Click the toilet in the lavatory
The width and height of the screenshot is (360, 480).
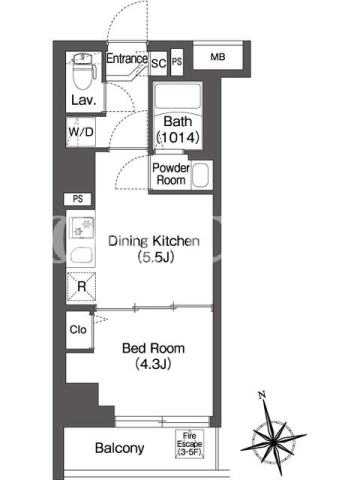tap(84, 71)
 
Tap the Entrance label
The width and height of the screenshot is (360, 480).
tap(127, 58)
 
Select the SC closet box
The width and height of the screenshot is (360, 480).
tap(158, 64)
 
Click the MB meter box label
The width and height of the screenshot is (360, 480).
tap(218, 57)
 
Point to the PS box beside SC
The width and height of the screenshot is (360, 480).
tap(176, 62)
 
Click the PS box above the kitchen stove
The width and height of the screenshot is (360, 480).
tap(78, 199)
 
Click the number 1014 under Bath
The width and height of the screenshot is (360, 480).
tap(178, 137)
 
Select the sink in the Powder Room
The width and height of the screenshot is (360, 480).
tap(201, 175)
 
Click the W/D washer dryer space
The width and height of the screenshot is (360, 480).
tap(81, 132)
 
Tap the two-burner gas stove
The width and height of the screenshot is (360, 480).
tap(82, 227)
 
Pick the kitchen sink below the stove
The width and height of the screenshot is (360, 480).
tap(82, 255)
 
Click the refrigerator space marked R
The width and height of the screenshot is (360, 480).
tap(82, 287)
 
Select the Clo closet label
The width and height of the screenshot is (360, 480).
tap(78, 329)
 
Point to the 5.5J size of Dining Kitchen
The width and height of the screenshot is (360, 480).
tap(156, 257)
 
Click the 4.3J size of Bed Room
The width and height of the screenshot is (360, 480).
tap(153, 364)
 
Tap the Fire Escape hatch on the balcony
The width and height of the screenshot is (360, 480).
tap(190, 444)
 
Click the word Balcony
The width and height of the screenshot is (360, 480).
tap(119, 448)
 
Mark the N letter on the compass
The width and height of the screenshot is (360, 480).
tap(262, 395)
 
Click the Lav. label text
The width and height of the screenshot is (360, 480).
tap(83, 100)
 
